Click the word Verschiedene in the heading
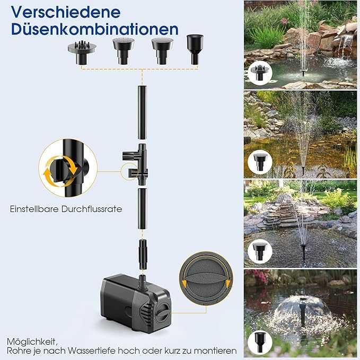pos(66,12)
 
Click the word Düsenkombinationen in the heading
pos(95,29)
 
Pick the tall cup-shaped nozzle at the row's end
pos(195,49)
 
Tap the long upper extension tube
pos(142,112)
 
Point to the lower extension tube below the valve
pos(142,209)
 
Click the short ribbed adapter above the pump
pos(143,254)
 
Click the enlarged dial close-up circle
pos(206,278)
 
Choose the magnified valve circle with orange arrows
pos(68,168)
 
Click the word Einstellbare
pos(34,209)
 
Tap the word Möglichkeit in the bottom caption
pos(31,342)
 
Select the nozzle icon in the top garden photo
pos(260,73)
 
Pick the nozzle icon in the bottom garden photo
pos(260,343)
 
